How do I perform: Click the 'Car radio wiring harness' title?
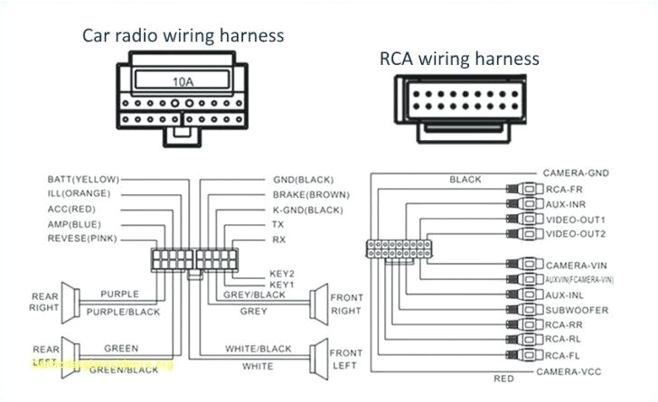point(183,35)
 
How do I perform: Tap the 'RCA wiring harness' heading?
point(459,59)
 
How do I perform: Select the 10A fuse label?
point(183,80)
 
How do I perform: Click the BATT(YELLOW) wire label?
point(82,180)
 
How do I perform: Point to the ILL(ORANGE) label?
point(80,194)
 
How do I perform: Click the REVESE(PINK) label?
point(80,238)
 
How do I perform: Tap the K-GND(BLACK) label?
point(308,209)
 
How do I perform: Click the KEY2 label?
point(282,272)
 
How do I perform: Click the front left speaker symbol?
point(319,357)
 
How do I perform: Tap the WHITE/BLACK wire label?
point(258,349)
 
